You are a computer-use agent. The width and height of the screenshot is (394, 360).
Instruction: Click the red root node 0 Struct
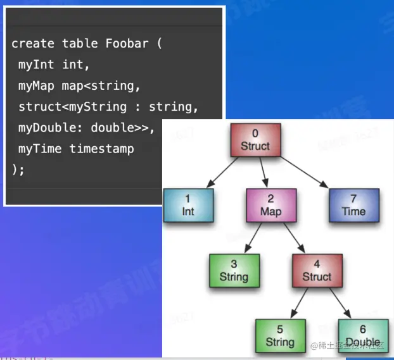pyautogui.click(x=255, y=140)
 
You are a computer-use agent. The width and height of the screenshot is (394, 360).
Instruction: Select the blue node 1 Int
pyautogui.click(x=188, y=204)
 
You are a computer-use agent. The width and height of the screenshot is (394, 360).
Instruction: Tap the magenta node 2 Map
pyautogui.click(x=270, y=204)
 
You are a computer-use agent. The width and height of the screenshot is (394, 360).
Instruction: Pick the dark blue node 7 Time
pyautogui.click(x=353, y=204)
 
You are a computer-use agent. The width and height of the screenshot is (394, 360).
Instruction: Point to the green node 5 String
pyautogui.click(x=280, y=335)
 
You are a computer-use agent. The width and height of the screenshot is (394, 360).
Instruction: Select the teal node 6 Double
pyautogui.click(x=362, y=335)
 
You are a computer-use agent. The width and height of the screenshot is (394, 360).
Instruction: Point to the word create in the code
pyautogui.click(x=33, y=44)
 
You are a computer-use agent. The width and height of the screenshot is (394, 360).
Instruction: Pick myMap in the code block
pyautogui.click(x=37, y=85)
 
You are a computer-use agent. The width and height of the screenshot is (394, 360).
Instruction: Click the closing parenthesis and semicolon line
pyautogui.click(x=18, y=169)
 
